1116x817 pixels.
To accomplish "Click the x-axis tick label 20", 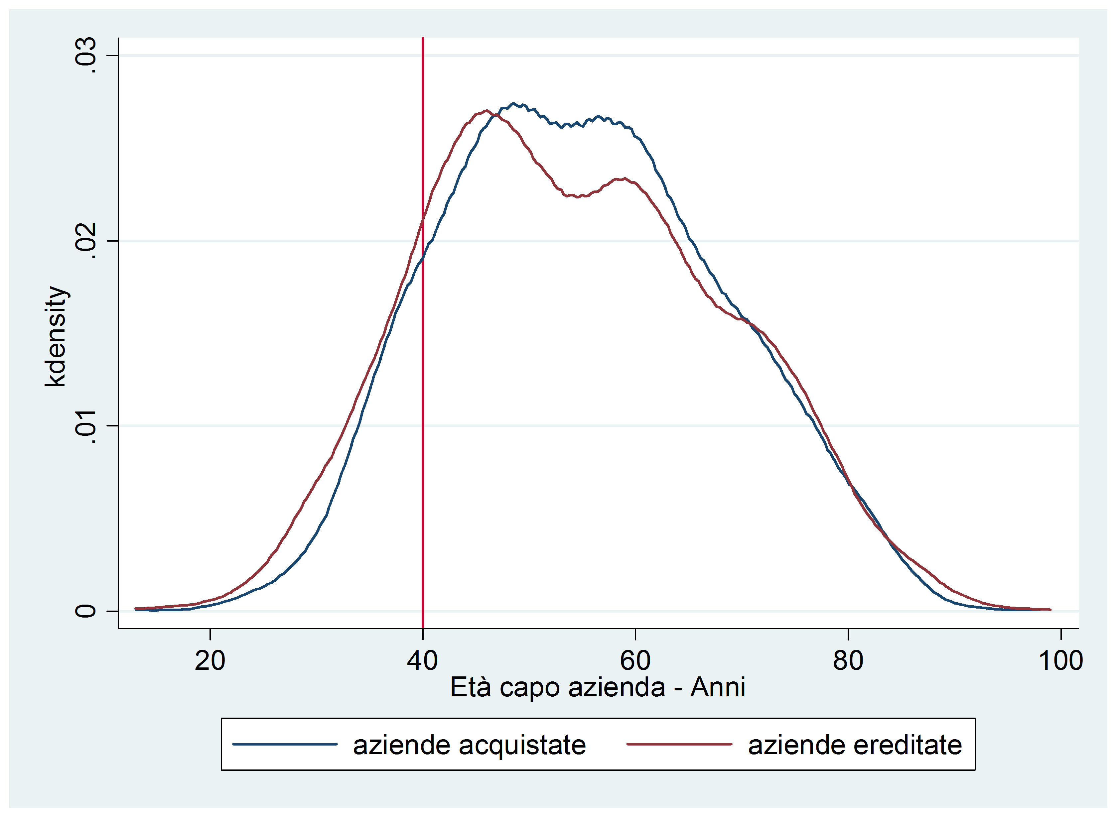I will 210,661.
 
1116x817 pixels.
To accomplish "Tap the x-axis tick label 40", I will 422,661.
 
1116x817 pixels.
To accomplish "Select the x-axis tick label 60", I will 635,661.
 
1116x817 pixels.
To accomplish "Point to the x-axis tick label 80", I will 848,661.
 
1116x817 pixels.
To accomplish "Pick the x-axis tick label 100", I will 1060,661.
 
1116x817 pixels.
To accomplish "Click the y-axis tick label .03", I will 85,56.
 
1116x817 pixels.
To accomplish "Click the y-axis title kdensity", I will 56,337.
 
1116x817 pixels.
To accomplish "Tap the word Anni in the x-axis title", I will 717,687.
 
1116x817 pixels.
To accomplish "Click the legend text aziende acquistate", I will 469,745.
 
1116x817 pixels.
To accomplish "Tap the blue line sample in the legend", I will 285,744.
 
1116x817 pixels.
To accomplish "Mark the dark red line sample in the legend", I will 679,744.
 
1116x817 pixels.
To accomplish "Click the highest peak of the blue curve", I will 513,103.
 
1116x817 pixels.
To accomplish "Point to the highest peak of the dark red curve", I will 487,111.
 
